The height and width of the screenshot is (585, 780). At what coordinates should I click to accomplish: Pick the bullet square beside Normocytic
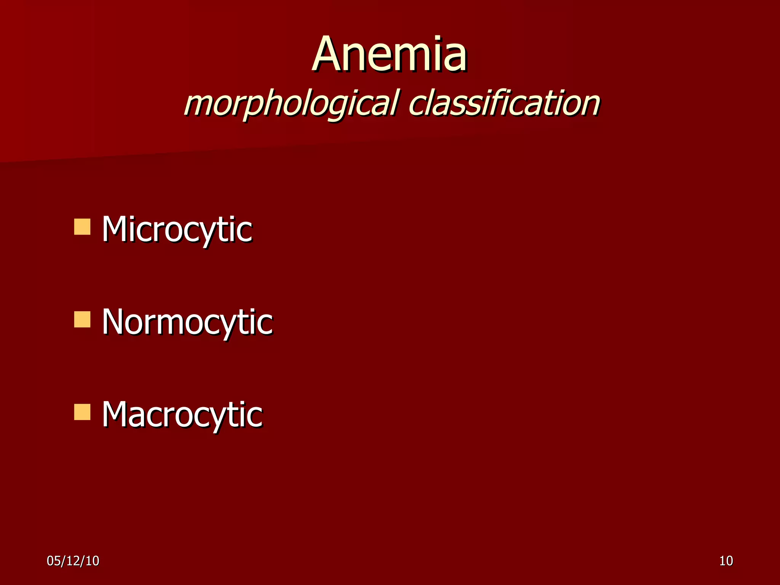coord(82,320)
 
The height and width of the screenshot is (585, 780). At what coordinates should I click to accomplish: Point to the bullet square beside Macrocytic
coord(82,412)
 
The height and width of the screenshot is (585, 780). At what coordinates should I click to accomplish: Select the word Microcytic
coord(177,229)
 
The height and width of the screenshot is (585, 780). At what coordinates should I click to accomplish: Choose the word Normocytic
coord(187,322)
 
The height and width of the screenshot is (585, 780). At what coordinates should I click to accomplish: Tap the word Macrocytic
coord(182,415)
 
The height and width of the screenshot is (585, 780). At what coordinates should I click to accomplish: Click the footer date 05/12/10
coord(73,561)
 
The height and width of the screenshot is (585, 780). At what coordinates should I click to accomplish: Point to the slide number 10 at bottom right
coord(726,561)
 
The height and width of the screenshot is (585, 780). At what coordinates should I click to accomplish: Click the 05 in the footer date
coord(53,561)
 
